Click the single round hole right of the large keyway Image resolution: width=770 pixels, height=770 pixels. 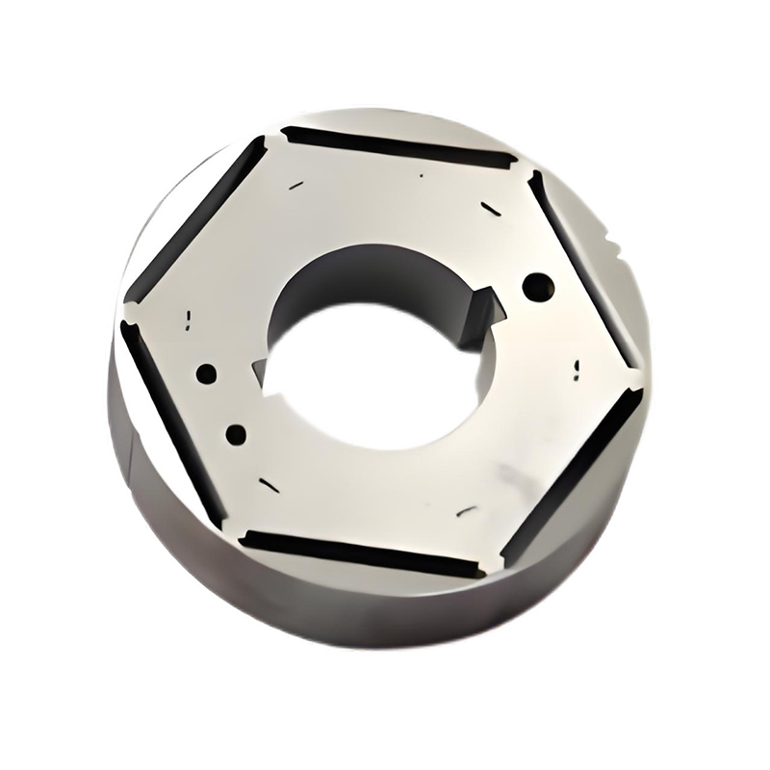click(x=538, y=285)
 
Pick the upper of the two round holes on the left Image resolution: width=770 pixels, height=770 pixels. click(x=206, y=373)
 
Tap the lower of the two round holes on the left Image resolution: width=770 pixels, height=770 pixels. click(x=235, y=433)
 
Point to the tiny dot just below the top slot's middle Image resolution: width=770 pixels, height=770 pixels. click(x=422, y=176)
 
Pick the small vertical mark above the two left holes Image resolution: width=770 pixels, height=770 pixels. click(x=189, y=317)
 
